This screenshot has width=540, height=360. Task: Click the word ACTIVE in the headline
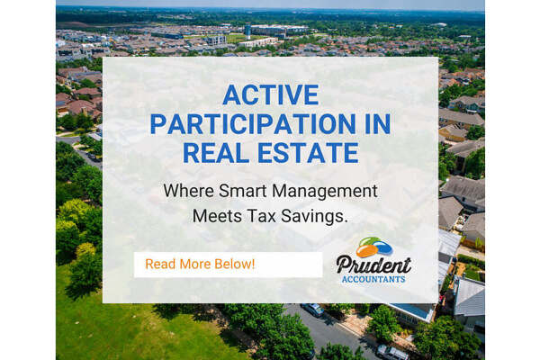pos(271,94)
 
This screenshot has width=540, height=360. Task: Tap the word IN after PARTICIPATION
pos(377,123)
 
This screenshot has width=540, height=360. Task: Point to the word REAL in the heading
pos(216,153)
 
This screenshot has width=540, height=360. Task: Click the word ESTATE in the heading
pos(309,153)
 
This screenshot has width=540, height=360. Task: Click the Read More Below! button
pos(228,265)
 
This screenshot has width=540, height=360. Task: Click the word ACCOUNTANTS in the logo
pos(373,279)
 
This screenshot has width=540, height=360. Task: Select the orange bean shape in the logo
pos(367,251)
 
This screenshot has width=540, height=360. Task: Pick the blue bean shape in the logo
pos(383,247)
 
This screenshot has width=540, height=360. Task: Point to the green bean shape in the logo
pos(367,241)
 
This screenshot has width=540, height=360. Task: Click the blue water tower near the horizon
pos(247,31)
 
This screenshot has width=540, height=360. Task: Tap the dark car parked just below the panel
pos(312,309)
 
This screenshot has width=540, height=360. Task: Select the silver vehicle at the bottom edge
pos(391,353)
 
